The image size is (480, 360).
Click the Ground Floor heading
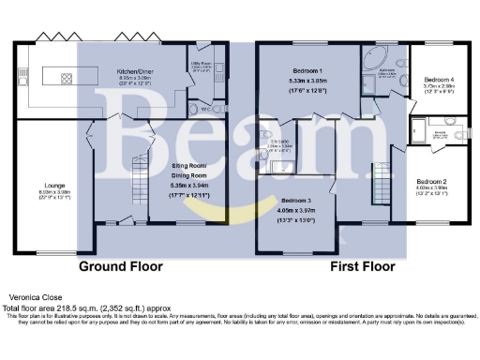pyautogui.click(x=120, y=266)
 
